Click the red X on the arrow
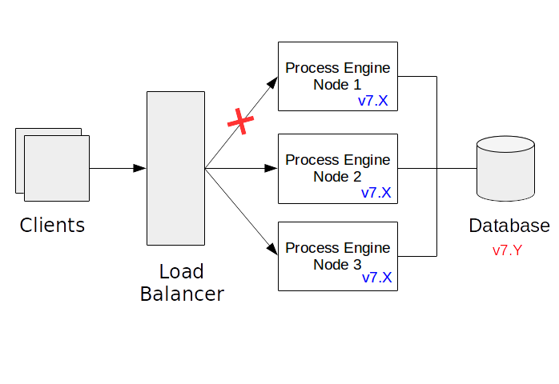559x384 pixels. [x=240, y=122]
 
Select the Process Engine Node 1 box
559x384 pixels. [x=337, y=76]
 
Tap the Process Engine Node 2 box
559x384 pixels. [x=337, y=168]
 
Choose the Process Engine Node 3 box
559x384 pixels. [x=337, y=256]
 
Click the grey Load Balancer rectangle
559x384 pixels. [x=175, y=168]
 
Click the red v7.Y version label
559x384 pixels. [x=507, y=250]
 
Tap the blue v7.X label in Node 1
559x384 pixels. [x=373, y=102]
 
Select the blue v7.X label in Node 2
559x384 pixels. [x=376, y=193]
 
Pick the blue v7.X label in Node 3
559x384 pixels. [x=376, y=278]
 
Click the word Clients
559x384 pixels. [x=52, y=225]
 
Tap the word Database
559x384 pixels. [x=509, y=226]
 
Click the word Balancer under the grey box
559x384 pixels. [x=182, y=294]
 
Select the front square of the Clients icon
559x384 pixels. [x=57, y=167]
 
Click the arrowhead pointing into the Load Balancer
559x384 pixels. [x=140, y=168]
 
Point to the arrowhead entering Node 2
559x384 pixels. [x=271, y=168]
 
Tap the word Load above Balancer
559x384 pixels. [x=181, y=271]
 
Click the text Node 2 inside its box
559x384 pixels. [x=337, y=176]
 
